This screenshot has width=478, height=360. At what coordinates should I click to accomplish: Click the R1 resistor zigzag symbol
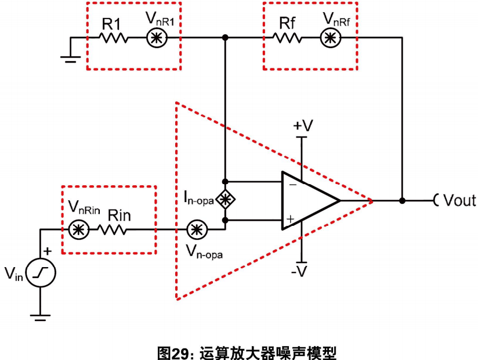tap(113, 38)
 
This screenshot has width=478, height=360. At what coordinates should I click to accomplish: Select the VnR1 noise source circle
tap(157, 38)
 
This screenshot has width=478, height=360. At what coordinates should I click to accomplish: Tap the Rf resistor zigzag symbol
tap(287, 38)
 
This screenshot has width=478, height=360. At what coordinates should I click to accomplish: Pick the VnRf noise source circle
tap(331, 38)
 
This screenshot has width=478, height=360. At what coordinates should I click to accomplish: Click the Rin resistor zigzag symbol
tap(112, 229)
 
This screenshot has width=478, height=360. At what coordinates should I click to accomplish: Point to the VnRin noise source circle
tap(79, 229)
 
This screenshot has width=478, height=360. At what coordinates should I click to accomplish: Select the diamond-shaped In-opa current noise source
tap(225, 200)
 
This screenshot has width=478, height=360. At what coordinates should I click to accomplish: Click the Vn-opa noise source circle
tap(197, 229)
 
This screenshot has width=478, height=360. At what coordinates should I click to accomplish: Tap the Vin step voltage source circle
tap(41, 273)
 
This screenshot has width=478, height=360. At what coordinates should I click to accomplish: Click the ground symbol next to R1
tap(70, 59)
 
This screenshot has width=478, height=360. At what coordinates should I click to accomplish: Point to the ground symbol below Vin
tap(40, 318)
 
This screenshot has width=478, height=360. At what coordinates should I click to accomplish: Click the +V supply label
tap(303, 125)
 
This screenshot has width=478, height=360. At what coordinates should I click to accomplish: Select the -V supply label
tap(299, 271)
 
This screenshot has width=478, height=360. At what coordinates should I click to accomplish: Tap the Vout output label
tap(459, 200)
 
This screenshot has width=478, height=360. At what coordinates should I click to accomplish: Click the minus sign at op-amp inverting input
tap(292, 185)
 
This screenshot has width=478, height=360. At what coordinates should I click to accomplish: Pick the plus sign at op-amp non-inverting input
tap(291, 219)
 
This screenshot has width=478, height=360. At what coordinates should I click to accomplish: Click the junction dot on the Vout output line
tap(403, 201)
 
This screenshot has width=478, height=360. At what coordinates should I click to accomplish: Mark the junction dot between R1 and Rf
tap(225, 38)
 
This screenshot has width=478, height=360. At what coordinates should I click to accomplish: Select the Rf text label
tap(288, 23)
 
